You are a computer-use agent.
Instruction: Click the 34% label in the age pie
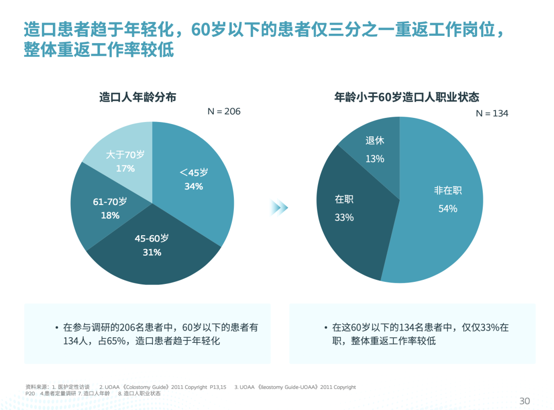[x=194, y=187]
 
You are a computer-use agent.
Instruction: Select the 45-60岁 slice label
[x=151, y=238]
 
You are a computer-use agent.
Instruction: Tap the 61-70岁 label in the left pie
[x=110, y=202]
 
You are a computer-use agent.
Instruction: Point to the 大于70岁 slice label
[x=125, y=155]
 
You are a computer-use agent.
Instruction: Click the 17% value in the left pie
[x=125, y=168]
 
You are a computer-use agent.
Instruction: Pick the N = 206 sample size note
[x=224, y=111]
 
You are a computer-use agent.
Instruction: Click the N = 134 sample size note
[x=492, y=113]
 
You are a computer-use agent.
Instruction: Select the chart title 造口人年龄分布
[x=137, y=96]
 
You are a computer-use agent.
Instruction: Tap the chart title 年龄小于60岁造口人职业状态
[x=406, y=96]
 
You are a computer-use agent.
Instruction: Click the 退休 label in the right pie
[x=374, y=140]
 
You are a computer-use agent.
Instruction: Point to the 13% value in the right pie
[x=374, y=159]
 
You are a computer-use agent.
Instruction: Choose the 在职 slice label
[x=344, y=199]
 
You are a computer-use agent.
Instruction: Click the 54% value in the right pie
[x=447, y=209]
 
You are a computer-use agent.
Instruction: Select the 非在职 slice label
[x=448, y=191]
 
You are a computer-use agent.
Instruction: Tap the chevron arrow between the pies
[x=280, y=208]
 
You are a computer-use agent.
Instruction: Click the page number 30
[x=524, y=401]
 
